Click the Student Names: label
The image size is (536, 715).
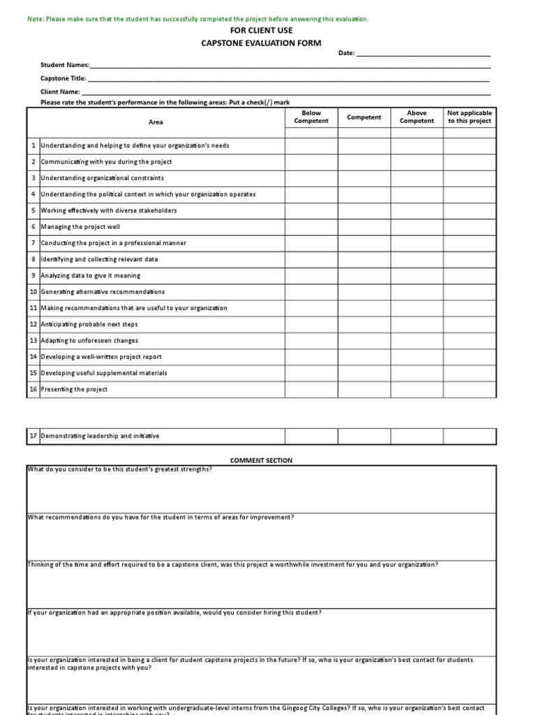coord(65,65)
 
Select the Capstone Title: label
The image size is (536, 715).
coord(64,78)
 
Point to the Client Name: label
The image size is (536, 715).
coord(61,91)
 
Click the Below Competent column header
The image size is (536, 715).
coord(311,117)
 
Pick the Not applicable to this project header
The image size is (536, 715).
coord(470,117)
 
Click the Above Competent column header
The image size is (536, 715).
coord(417,117)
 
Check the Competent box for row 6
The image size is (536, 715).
coord(364,227)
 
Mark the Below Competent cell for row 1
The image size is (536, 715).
coord(311,145)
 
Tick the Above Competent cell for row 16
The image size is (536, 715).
coord(417,390)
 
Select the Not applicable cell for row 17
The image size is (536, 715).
coord(470,436)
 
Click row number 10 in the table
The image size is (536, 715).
coord(33,292)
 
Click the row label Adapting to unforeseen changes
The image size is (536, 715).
coord(89,341)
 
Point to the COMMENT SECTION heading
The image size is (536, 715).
coord(262,461)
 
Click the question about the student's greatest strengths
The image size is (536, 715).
coord(120,469)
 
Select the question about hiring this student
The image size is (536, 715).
coord(174,612)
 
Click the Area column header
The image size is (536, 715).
coord(156,122)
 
